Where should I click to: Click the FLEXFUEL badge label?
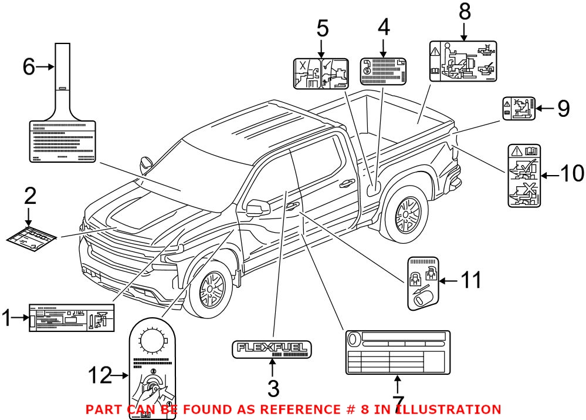[x=272, y=349]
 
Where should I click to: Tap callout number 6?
[x=29, y=68]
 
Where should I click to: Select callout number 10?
[x=571, y=174]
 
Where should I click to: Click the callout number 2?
[x=29, y=196]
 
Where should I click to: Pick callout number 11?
[x=469, y=281]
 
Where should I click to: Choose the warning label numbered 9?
[x=519, y=109]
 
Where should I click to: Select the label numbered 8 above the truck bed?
[x=463, y=61]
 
